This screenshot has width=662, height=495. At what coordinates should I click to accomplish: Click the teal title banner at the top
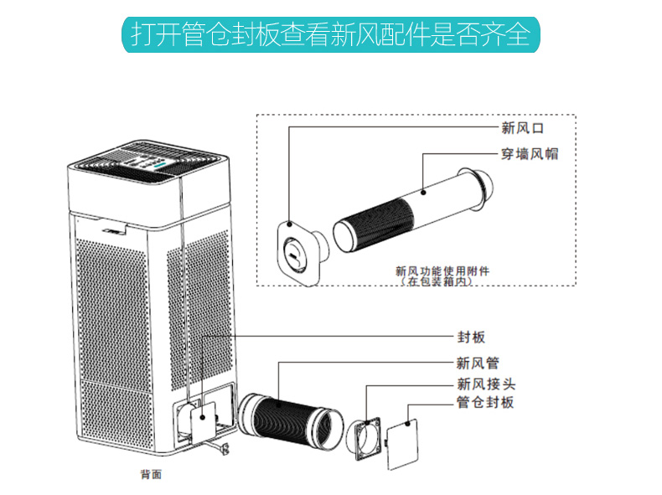[x=331, y=34]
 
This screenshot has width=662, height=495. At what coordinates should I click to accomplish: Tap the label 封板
[x=471, y=337]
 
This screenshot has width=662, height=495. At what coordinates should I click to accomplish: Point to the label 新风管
[x=478, y=363]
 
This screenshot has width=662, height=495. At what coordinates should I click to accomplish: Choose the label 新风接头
[x=485, y=384]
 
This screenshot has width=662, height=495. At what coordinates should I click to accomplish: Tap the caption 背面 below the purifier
[x=151, y=474]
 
